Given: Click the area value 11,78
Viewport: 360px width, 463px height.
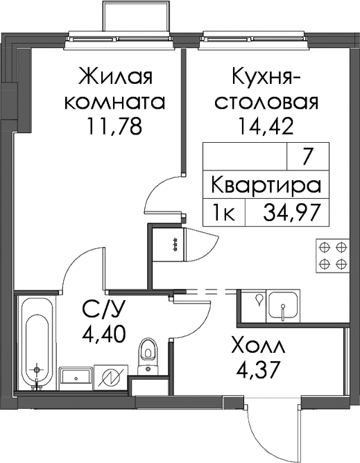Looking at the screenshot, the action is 114,126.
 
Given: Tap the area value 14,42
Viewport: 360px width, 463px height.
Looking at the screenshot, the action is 266,126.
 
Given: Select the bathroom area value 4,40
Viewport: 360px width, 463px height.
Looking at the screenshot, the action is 104,333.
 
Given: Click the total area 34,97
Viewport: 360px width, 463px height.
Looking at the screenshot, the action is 292,213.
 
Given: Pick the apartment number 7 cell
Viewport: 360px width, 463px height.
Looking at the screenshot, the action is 308,157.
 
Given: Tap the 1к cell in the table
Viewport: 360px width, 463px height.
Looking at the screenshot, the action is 224,213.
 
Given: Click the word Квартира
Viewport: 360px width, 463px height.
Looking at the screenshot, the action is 266,186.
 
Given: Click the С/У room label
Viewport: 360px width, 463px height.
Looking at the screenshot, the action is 104,309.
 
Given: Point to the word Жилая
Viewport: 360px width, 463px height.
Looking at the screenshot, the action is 115,76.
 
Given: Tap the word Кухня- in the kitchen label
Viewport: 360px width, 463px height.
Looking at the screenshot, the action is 266,76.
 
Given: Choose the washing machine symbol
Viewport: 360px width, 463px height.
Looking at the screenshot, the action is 111,378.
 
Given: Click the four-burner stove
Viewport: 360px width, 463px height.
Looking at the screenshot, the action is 333,255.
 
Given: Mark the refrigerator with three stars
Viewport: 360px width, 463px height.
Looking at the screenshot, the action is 169,245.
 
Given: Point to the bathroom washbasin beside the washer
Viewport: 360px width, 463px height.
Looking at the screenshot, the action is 76,379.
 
